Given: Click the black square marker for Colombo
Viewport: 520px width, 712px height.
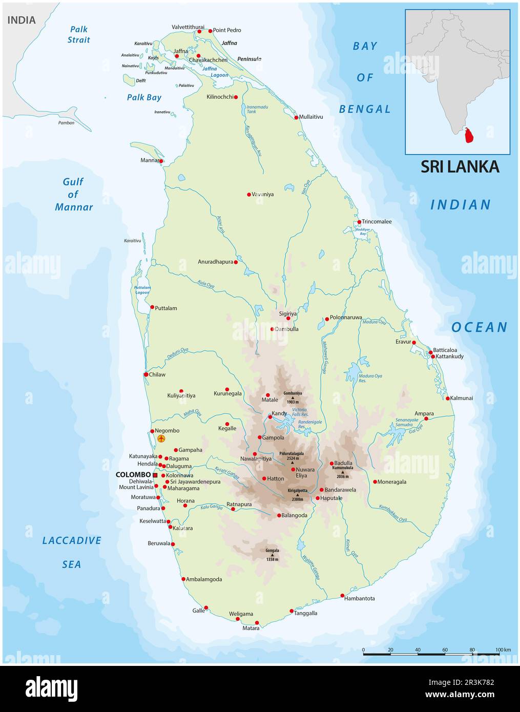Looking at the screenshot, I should click(155, 475).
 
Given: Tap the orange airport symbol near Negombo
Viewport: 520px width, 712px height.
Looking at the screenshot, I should click(161, 439).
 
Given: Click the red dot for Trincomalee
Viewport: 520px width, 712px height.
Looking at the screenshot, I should click(359, 222).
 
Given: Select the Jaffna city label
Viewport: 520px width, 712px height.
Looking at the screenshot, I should click(181, 51).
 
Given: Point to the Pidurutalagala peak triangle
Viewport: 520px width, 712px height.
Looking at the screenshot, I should click(293, 463).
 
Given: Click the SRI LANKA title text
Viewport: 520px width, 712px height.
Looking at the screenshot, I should click(460, 166).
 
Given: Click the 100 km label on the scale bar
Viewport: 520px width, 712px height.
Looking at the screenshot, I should click(503, 650).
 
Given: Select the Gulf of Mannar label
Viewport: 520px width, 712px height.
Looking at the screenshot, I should click(73, 194).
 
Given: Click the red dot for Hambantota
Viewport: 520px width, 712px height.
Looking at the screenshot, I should click(343, 596).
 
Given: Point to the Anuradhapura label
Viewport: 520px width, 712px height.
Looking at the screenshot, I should click(215, 262).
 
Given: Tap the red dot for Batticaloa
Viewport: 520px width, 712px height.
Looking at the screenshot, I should click(430, 352).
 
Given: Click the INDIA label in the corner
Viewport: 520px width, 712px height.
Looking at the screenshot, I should click(22, 20).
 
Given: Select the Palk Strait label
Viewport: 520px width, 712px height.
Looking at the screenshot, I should click(79, 34).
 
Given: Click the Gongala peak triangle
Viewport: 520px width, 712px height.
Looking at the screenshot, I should click(272, 555).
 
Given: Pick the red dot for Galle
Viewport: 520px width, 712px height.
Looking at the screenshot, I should click(206, 608).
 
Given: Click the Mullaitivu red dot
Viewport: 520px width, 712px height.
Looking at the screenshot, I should click(296, 117).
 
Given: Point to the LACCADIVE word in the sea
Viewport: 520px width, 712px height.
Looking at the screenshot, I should click(72, 540).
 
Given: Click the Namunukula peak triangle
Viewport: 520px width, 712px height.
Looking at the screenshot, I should click(343, 472).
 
